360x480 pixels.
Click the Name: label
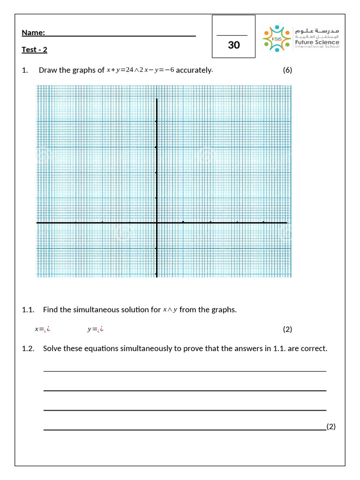coord(33,32)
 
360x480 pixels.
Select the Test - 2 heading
coord(34,50)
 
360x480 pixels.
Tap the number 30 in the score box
coord(233,45)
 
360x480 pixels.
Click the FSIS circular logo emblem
coord(276,38)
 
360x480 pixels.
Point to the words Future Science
coord(316,42)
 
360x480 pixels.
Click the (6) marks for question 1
coord(287,70)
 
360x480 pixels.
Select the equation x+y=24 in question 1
coord(120,70)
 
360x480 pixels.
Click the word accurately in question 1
coord(194,70)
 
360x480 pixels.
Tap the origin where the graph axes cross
coord(157,223)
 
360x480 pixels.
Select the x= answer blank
coord(42,329)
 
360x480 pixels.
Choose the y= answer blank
coord(95,329)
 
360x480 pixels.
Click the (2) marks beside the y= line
coord(287,329)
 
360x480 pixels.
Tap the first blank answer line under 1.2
coord(185,371)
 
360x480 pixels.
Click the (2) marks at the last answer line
coord(331,426)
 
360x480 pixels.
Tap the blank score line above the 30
coord(232,35)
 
